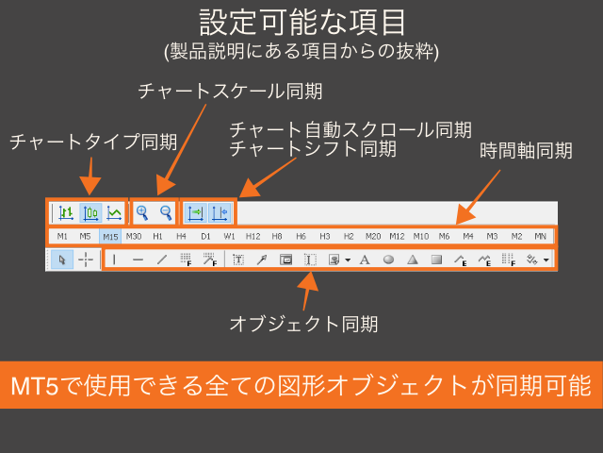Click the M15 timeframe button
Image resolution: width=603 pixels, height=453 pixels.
tap(110, 236)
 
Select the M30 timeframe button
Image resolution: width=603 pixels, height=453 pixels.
tap(134, 236)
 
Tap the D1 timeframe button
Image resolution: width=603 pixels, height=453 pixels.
tap(205, 236)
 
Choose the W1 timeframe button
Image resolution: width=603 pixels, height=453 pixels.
tap(229, 236)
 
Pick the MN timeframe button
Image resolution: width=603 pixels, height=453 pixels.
tap(541, 236)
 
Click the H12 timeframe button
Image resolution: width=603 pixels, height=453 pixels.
tap(253, 236)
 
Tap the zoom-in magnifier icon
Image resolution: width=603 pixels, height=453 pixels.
tap(142, 212)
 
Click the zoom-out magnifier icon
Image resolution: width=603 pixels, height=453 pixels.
tap(166, 212)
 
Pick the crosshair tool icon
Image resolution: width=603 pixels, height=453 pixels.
tap(86, 260)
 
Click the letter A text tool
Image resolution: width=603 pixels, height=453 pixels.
tap(365, 260)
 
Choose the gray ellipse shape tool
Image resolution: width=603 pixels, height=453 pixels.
tap(388, 260)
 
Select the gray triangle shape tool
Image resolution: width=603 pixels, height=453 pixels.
tap(412, 260)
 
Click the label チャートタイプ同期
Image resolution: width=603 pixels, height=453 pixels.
tap(93, 143)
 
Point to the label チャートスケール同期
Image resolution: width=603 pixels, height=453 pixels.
tap(229, 91)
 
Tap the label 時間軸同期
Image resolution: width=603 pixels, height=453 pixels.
tap(527, 150)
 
